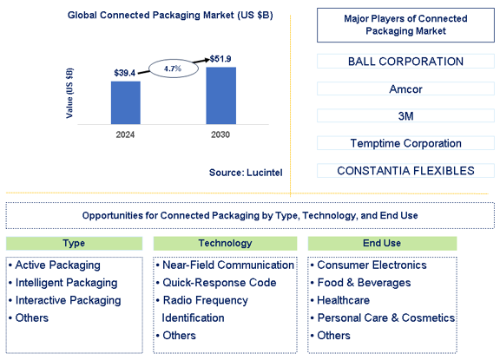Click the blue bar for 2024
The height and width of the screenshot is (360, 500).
(126, 102)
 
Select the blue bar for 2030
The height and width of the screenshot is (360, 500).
(221, 95)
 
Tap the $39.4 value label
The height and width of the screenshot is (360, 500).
(125, 73)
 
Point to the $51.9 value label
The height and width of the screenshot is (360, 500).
(220, 59)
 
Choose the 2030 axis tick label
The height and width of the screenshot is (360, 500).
(220, 134)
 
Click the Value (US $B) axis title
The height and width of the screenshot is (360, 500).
(69, 93)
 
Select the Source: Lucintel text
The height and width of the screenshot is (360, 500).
(246, 173)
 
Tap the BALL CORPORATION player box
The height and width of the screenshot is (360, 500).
(405, 62)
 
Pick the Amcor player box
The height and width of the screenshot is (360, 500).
(405, 88)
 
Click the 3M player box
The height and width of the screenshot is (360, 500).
(405, 116)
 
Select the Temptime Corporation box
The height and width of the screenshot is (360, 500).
(405, 143)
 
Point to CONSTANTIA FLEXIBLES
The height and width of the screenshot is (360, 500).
(405, 171)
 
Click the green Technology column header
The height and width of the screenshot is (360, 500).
(225, 244)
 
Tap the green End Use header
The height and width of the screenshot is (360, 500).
(382, 244)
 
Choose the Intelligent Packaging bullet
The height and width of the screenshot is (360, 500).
(63, 283)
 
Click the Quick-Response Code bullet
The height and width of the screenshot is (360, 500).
(216, 283)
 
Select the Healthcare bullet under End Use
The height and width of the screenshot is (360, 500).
(340, 300)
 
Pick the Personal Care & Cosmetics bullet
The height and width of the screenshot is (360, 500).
(383, 318)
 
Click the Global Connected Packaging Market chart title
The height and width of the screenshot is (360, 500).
(170, 16)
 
